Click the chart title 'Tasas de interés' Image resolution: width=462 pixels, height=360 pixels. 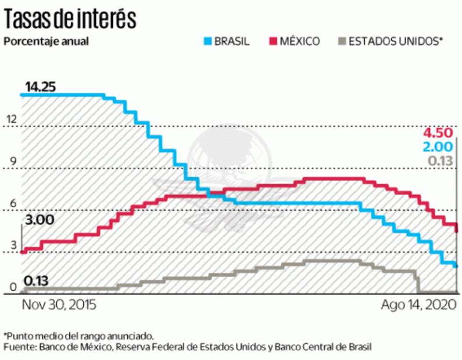click(70, 19)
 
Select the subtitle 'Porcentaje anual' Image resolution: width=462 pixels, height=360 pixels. click(46, 41)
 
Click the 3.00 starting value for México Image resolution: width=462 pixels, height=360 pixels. click(40, 220)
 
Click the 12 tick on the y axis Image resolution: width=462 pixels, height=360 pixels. click(12, 119)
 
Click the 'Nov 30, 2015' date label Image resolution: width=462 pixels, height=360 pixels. click(59, 305)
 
